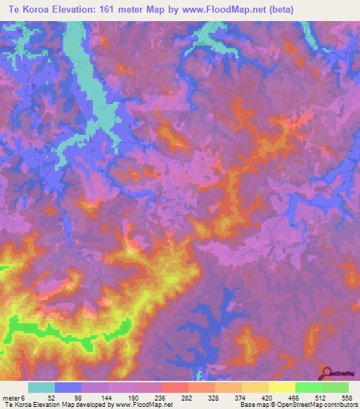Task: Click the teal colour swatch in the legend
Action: tap(41, 388)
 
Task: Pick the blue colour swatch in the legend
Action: tap(68, 388)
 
